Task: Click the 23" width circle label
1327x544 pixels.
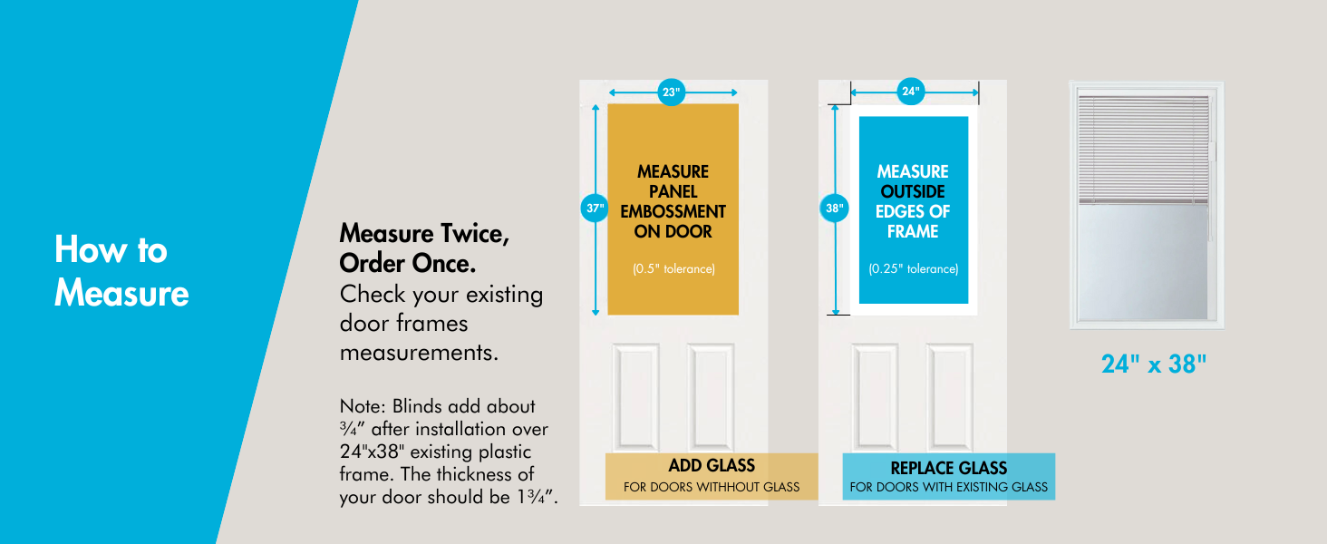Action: point(671,92)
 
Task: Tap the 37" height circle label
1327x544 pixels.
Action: point(594,208)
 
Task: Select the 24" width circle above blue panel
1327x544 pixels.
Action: point(911,91)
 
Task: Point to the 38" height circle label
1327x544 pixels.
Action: point(834,208)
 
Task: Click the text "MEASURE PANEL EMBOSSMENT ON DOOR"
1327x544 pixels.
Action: point(673,201)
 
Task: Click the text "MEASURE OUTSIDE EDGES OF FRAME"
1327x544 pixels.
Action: point(913,201)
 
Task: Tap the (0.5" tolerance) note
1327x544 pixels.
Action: point(673,269)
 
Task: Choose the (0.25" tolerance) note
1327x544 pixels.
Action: point(913,269)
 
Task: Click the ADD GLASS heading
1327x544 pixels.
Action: point(712,466)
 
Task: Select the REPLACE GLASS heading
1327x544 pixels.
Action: point(948,468)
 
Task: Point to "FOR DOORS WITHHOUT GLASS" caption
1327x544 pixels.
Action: point(712,487)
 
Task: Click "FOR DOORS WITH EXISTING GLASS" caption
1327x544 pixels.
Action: point(948,487)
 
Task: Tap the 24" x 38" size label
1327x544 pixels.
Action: point(1154,364)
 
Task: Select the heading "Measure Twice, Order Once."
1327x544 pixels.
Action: point(424,248)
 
